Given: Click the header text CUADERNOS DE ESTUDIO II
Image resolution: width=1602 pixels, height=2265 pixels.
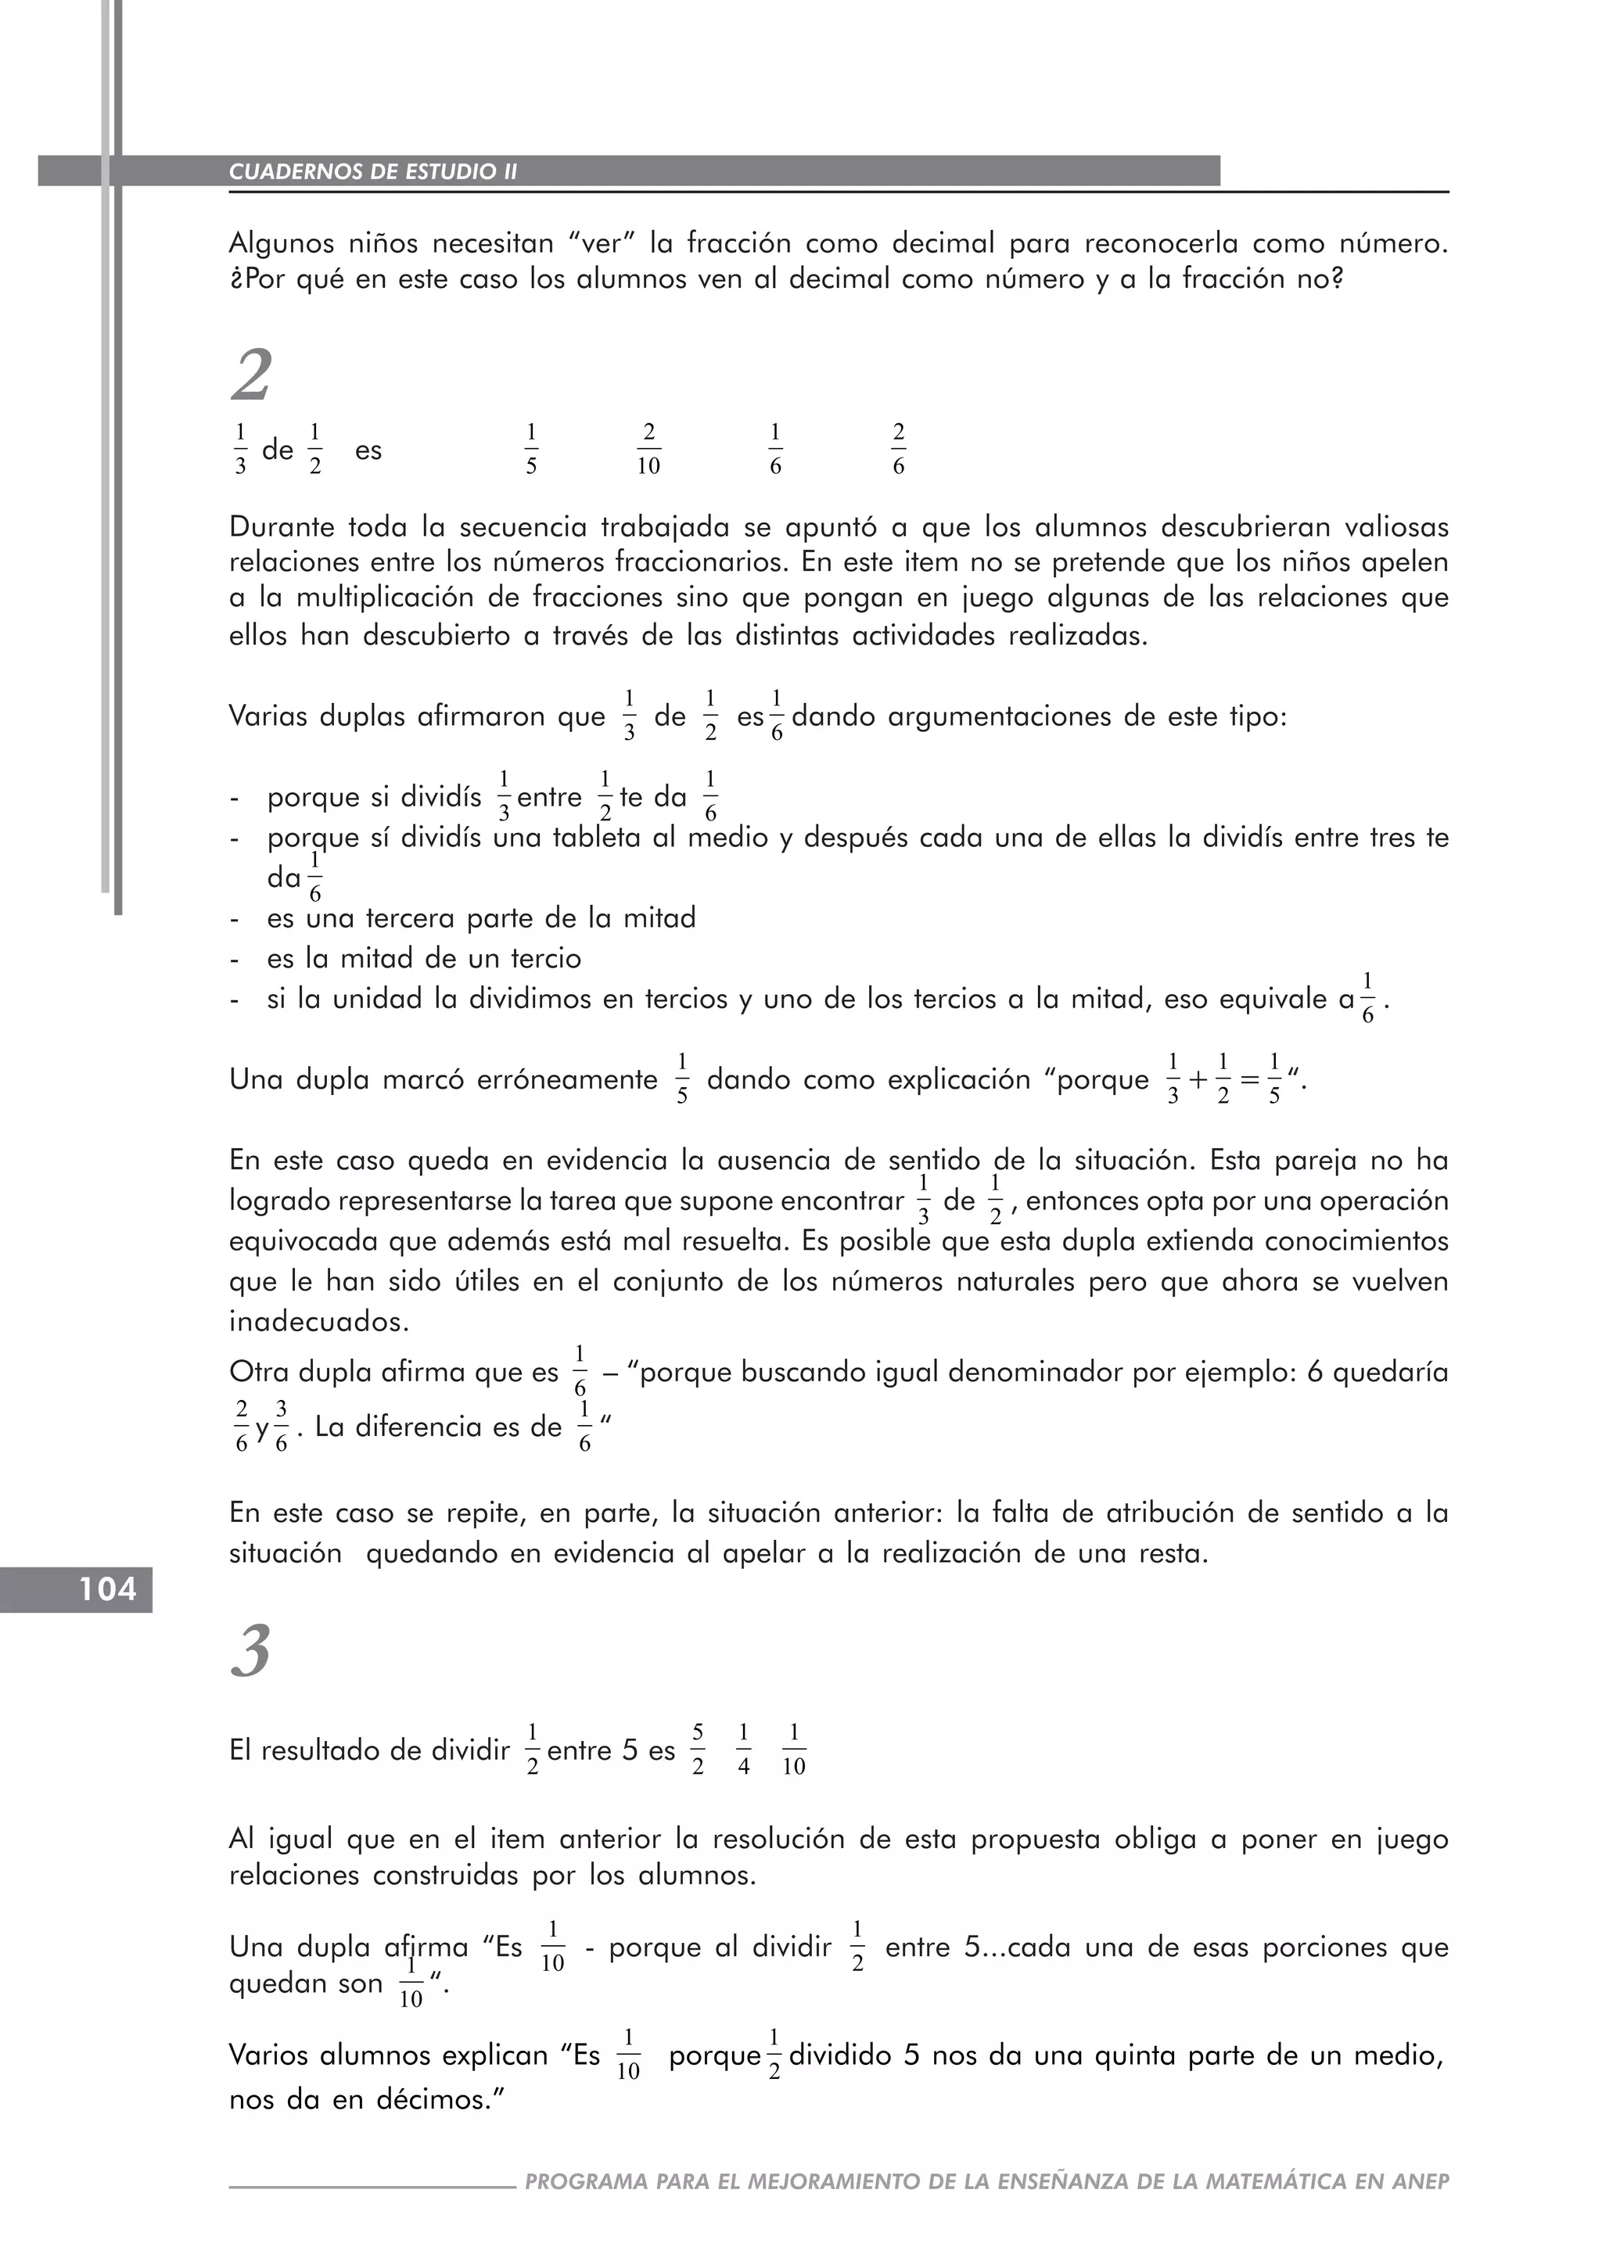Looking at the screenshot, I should pyautogui.click(x=373, y=171).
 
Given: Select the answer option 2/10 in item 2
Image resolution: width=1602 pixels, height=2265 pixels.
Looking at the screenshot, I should pyautogui.click(x=648, y=450).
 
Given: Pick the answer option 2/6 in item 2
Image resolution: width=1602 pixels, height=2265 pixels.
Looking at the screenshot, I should pyautogui.click(x=898, y=450).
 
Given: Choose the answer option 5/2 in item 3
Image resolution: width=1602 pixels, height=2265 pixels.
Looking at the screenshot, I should pyautogui.click(x=698, y=1750).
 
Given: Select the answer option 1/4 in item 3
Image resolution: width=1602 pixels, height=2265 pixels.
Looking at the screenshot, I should pyautogui.click(x=744, y=1750).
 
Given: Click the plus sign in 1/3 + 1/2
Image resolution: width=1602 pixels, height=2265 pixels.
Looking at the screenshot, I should pyautogui.click(x=1198, y=1080).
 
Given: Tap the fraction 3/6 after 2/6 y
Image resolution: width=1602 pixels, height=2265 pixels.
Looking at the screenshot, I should pyautogui.click(x=281, y=1427).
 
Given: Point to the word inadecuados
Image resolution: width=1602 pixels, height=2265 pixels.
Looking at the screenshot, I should pyautogui.click(x=318, y=1321).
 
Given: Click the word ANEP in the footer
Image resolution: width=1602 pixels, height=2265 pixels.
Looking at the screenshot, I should pyautogui.click(x=1420, y=2181).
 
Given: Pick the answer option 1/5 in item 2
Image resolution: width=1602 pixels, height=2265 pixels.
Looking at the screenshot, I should pyautogui.click(x=530, y=450).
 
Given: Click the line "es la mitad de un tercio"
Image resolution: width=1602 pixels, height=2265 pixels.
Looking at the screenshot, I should pyautogui.click(x=424, y=959).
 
